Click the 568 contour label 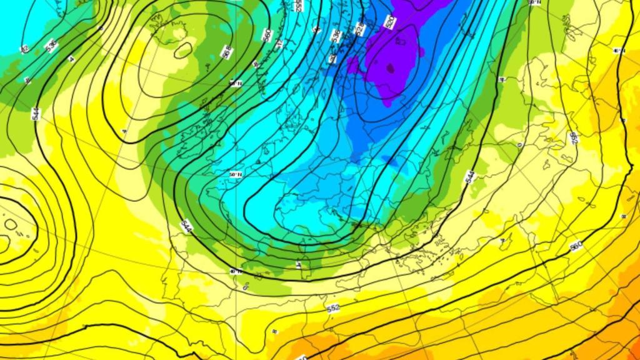click(226, 53)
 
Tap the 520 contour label click(389, 22)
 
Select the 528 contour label click(360, 29)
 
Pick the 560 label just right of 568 click(267, 35)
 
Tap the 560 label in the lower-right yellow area click(576, 246)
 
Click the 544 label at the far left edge click(36, 114)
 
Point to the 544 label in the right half click(470, 177)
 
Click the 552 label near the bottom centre click(333, 309)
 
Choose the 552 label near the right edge click(574, 137)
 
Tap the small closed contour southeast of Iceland click(183, 50)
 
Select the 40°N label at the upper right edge click(619, 51)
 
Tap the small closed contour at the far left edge click(10, 224)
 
